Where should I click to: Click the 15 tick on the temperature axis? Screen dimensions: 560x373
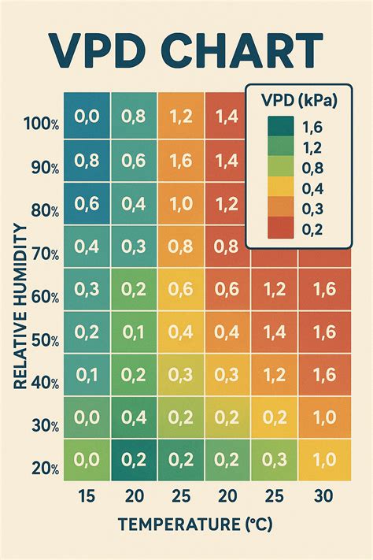click(87, 496)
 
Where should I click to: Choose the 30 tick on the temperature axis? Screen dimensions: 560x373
click(321, 496)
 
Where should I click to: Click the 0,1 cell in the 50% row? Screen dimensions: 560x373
click(134, 332)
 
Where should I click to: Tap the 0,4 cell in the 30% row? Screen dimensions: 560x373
click(134, 417)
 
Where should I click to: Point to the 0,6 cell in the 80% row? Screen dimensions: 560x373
click(87, 203)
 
